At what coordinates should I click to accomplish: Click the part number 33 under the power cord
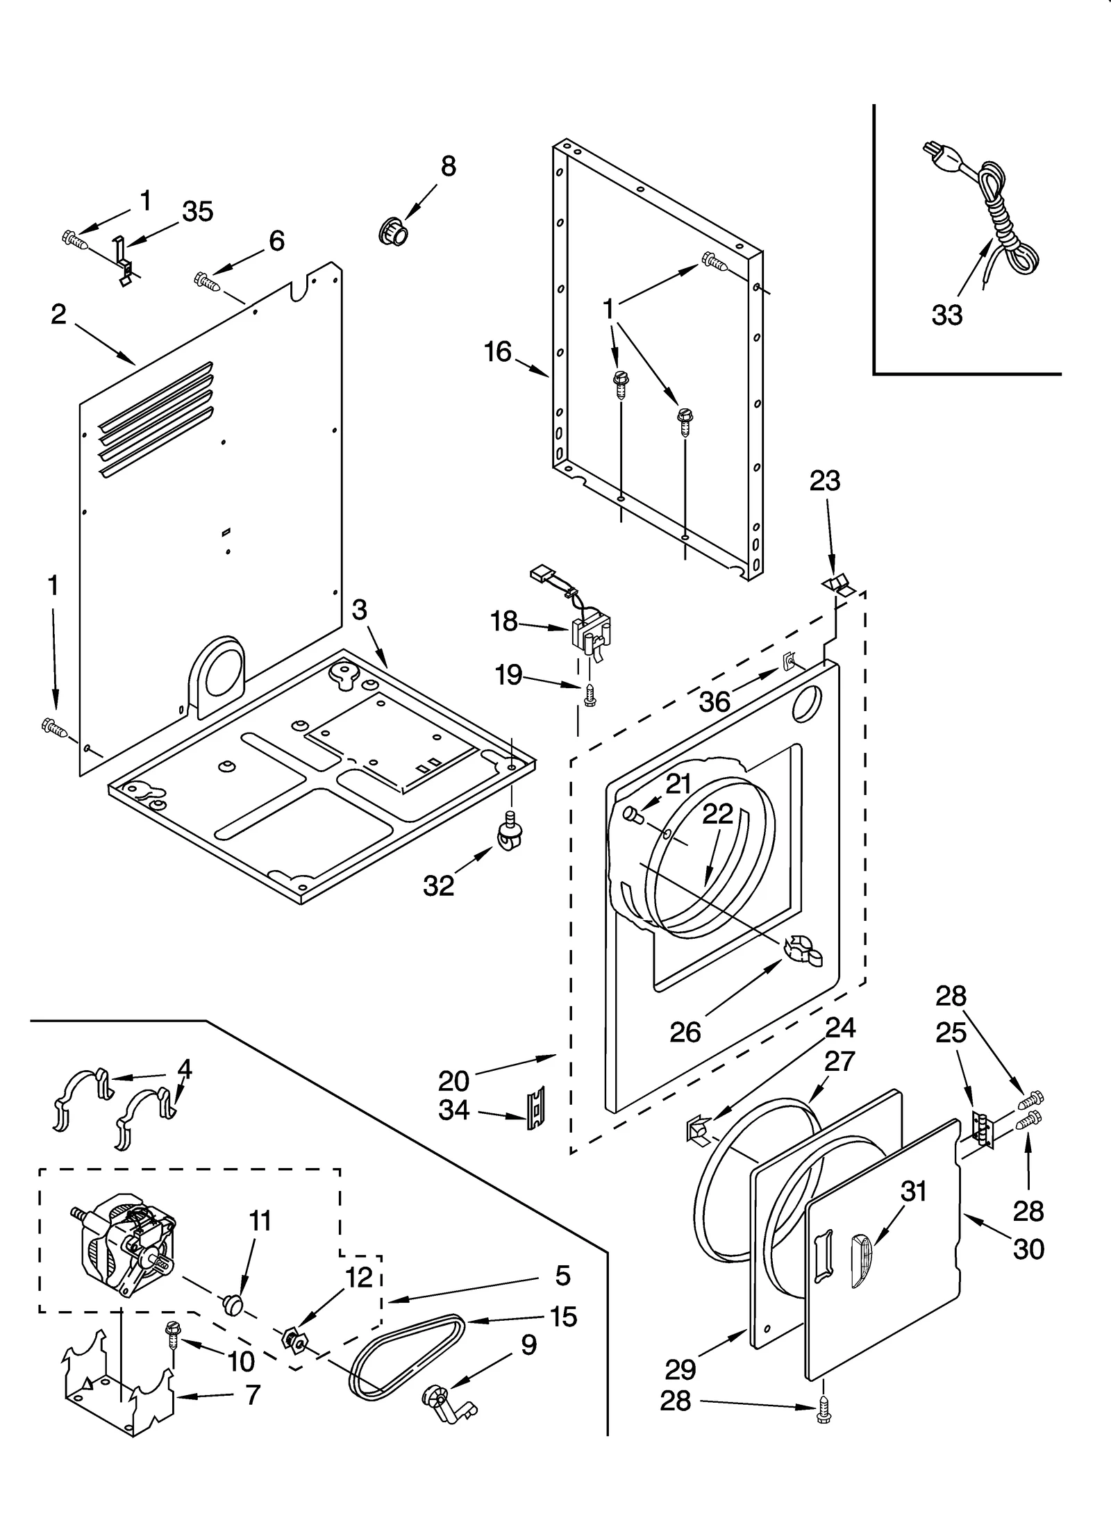click(947, 315)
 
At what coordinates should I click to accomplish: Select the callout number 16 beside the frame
click(498, 352)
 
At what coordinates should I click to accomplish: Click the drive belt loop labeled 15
click(406, 1351)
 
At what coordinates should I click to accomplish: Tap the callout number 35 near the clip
click(197, 211)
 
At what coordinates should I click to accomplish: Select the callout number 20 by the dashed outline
click(454, 1081)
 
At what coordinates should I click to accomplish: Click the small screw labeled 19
click(589, 695)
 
